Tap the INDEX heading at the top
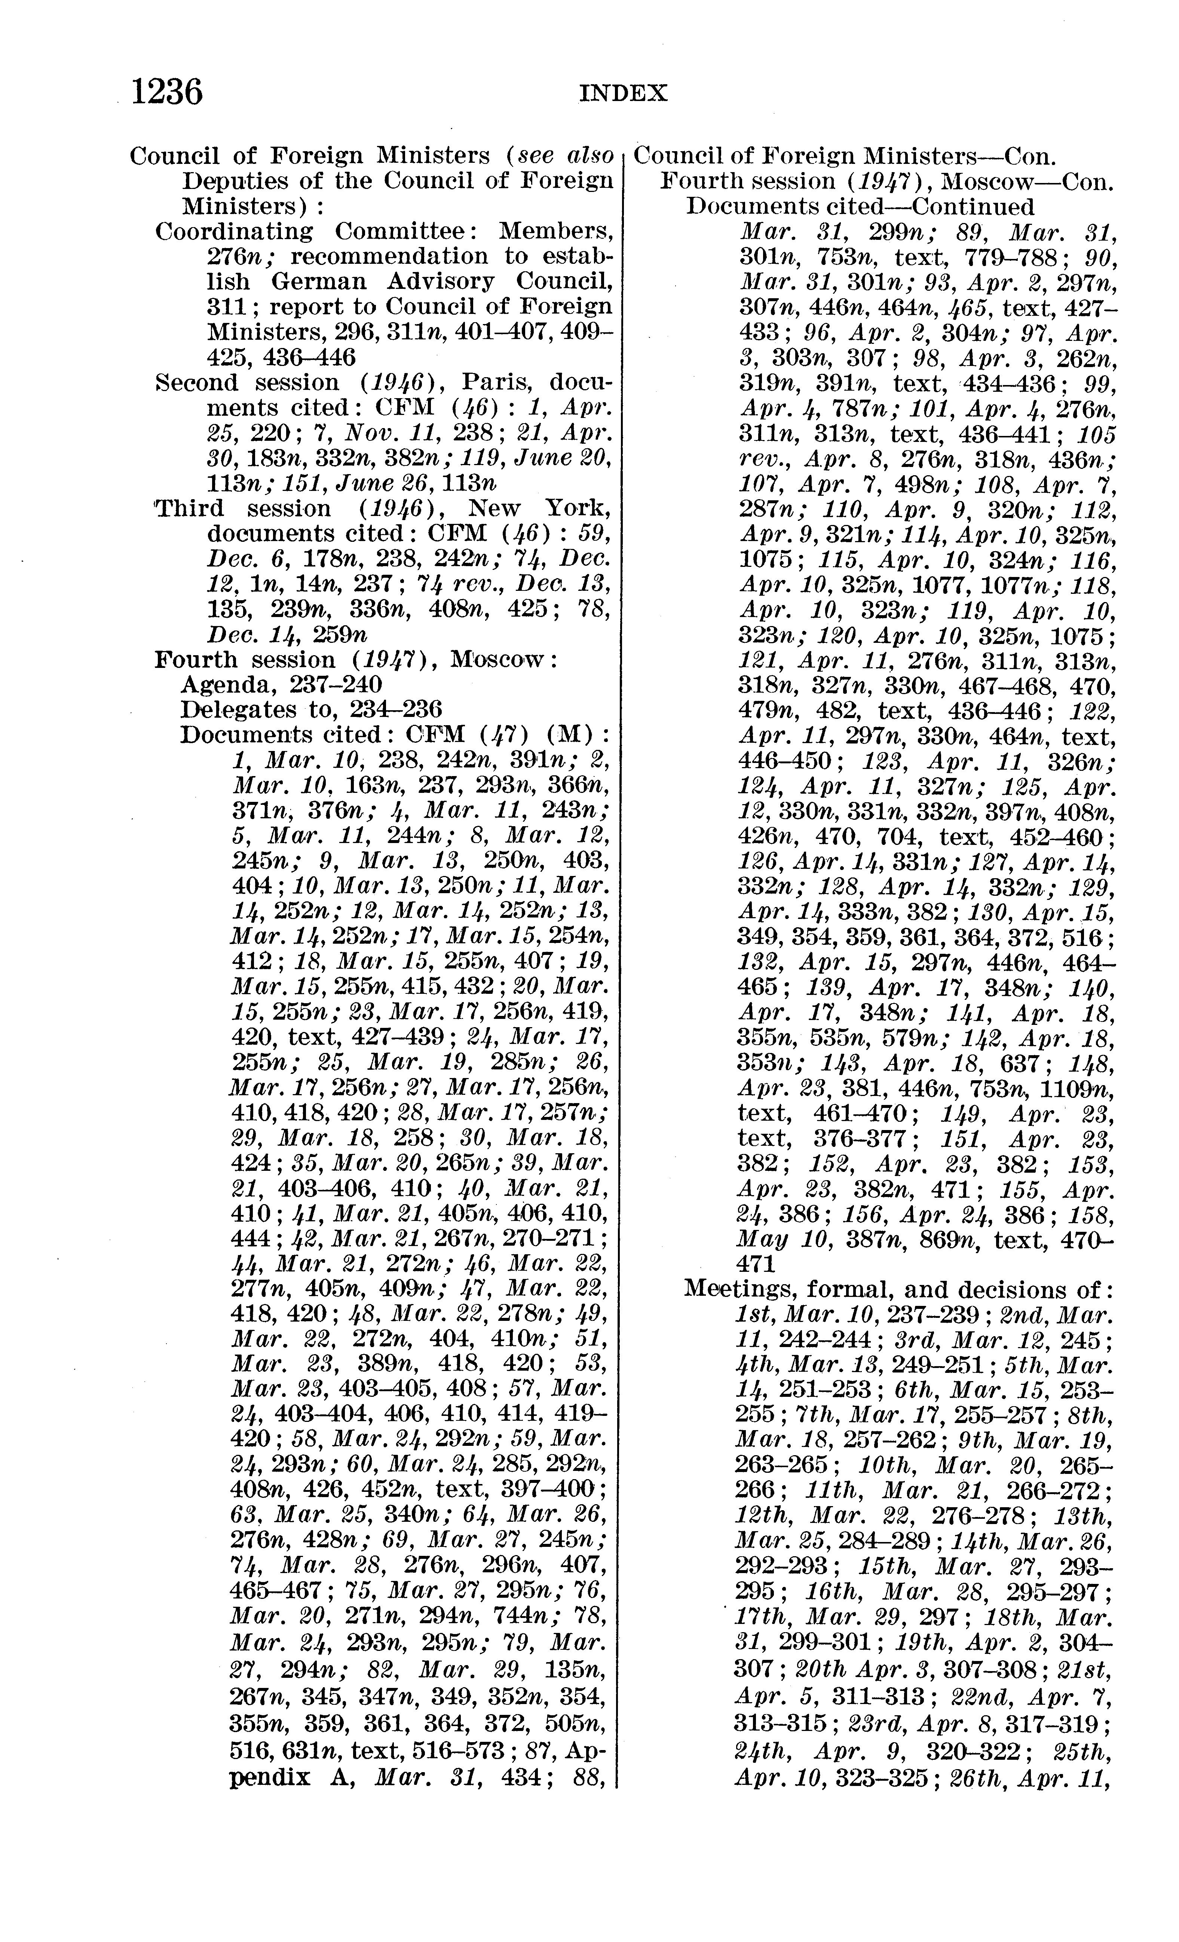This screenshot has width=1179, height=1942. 622,94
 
